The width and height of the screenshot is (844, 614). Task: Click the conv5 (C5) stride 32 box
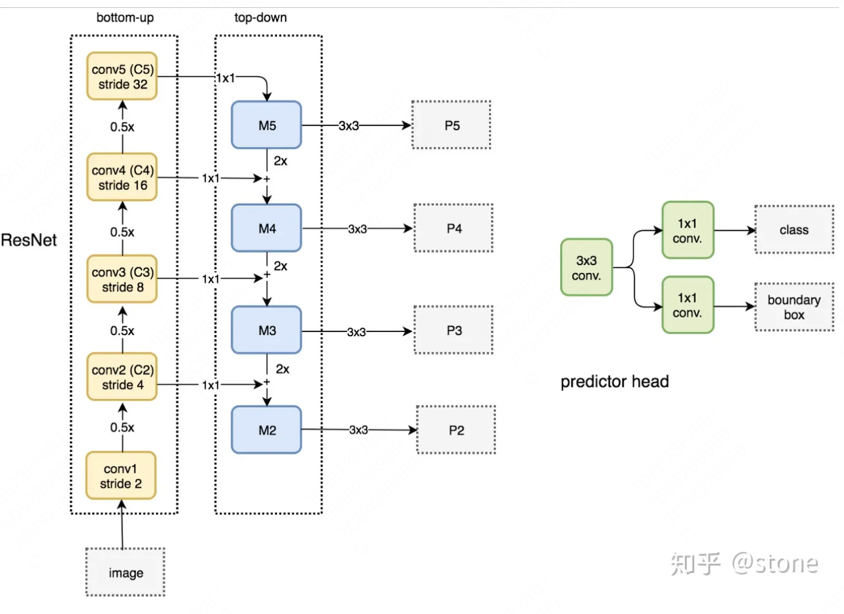122,77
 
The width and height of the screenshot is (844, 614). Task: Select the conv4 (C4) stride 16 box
122,177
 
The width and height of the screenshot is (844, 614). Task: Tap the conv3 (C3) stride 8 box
122,279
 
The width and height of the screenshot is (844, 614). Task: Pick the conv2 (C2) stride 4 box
122,377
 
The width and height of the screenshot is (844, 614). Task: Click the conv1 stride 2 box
121,476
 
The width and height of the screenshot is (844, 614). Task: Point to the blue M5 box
267,125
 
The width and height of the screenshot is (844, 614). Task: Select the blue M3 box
267,330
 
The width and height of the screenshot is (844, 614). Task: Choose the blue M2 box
267,430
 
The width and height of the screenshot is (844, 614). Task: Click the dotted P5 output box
451,125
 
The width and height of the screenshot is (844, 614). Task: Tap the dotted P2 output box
455,430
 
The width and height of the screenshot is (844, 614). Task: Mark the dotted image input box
125,573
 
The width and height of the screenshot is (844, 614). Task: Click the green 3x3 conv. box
586,267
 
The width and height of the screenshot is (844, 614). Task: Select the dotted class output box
794,230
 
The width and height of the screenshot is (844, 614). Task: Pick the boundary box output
794,307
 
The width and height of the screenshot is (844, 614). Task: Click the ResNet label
29,240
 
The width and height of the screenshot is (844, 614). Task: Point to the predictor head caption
614,382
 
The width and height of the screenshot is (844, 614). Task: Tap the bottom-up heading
125,18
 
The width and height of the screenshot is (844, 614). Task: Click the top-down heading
261,18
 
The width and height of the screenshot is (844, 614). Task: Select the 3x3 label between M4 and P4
357,229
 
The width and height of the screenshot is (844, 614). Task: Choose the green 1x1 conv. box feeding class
688,231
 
